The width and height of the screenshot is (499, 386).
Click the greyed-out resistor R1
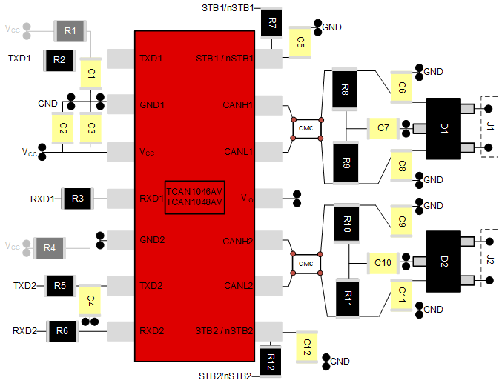[x=70, y=30]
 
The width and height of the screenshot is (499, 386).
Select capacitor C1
[x=91, y=73]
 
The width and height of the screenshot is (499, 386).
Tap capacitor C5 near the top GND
[x=300, y=41]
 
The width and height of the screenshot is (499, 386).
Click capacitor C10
[x=383, y=262]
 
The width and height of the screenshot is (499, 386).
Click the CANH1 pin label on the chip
[x=238, y=105]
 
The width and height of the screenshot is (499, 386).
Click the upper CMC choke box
[x=305, y=128]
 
